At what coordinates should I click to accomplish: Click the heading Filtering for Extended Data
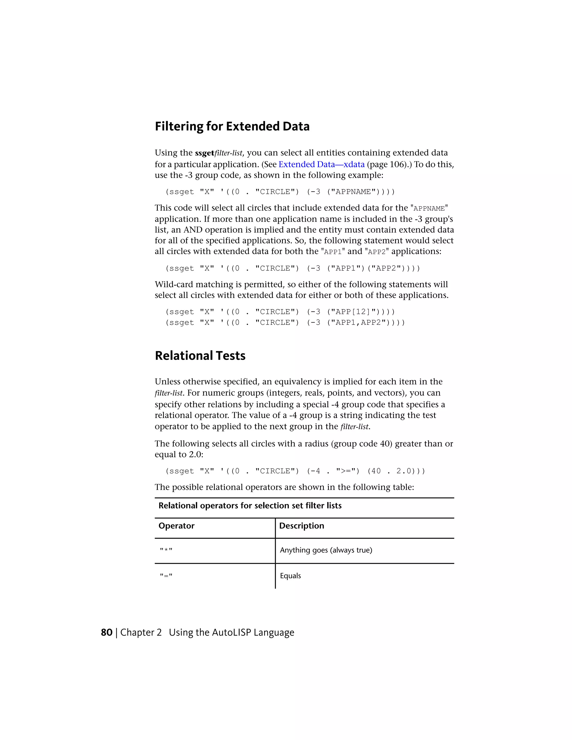coord(232,126)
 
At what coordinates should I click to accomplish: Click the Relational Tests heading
coord(200,356)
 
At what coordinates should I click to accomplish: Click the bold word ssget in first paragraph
coord(205,153)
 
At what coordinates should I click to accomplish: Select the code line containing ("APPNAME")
coord(280,192)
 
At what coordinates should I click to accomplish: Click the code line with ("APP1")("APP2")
coord(292,268)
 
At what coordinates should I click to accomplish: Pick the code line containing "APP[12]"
coord(280,312)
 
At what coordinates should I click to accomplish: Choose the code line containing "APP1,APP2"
coord(285,323)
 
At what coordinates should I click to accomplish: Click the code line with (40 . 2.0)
coord(295,471)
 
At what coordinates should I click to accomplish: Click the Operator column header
coord(177,526)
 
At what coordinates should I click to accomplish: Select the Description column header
coord(302,526)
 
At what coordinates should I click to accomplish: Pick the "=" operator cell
coord(166,576)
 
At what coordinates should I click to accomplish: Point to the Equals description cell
coord(290,576)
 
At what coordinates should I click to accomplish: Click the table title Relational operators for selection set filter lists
coord(250,506)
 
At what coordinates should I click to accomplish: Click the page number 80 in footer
coord(106,632)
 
